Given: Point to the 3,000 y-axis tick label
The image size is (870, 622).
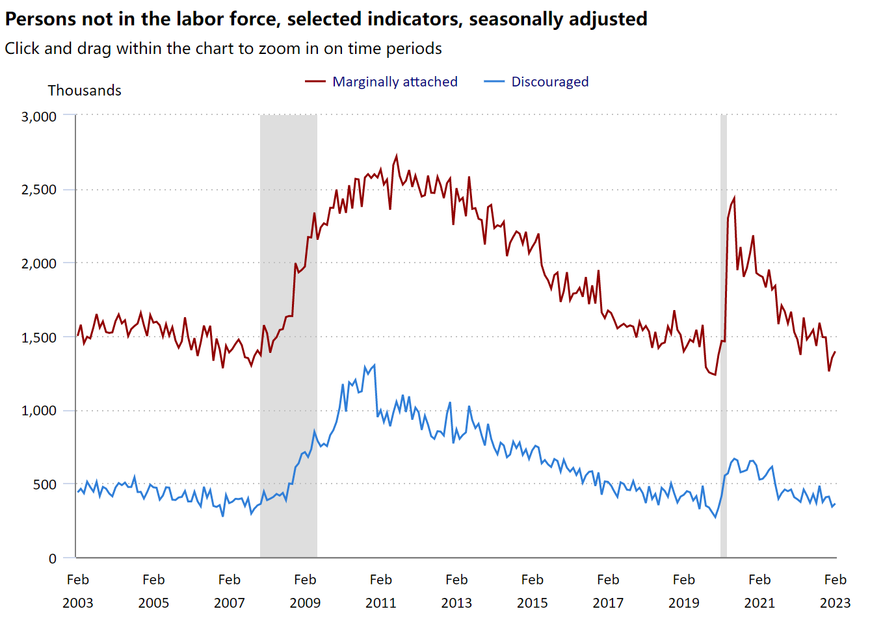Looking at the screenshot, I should pos(39,117).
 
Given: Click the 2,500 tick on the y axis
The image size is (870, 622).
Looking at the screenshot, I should pos(39,190).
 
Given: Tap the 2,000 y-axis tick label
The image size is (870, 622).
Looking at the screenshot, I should pos(39,263).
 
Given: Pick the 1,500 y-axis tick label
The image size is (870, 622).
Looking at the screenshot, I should pos(39,337).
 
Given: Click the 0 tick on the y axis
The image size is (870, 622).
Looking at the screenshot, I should pos(53,558).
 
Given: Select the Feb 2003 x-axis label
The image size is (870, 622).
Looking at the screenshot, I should pos(78,591).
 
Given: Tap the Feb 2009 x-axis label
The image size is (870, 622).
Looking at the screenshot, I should pos(305,591).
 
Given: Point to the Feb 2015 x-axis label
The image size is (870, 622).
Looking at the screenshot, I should pos(532,591).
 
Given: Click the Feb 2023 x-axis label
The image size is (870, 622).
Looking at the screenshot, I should pos(835,591).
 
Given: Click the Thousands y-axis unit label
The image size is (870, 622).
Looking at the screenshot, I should pos(85,90).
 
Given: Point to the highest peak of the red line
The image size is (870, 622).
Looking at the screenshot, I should pos(397,156).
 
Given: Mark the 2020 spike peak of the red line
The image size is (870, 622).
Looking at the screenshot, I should pos(734,198).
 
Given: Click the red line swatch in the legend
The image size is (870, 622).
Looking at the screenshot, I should pos(315,82).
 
